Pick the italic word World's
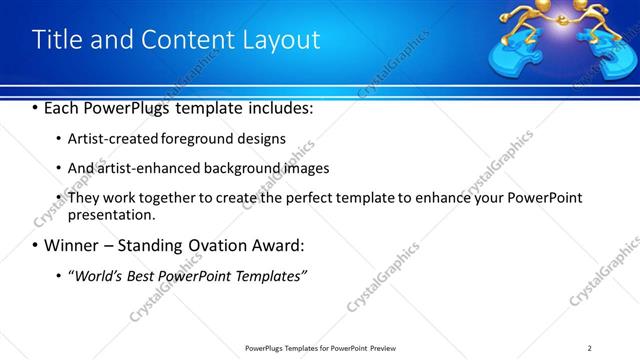pyautogui.click(x=99, y=275)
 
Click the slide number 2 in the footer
pyautogui.click(x=590, y=347)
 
